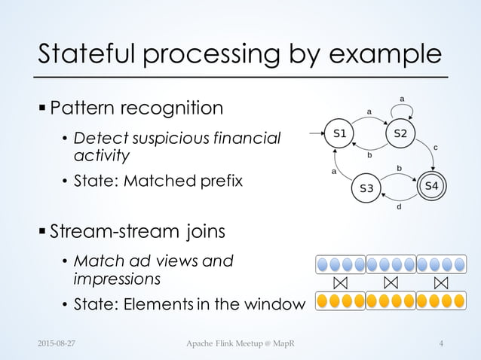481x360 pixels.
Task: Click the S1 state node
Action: click(x=340, y=134)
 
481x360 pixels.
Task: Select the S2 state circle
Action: click(x=401, y=134)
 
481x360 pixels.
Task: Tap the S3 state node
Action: click(x=366, y=188)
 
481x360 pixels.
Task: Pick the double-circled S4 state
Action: click(x=432, y=185)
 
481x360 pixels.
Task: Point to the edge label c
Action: click(x=437, y=148)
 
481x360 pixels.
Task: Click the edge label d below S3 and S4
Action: click(x=400, y=208)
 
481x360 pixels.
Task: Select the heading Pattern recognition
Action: click(x=136, y=108)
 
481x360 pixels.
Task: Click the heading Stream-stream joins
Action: click(x=137, y=229)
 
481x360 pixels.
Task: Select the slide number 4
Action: click(x=440, y=343)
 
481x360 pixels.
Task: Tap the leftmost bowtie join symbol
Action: click(x=340, y=283)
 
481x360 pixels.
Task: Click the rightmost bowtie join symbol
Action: click(x=442, y=283)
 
